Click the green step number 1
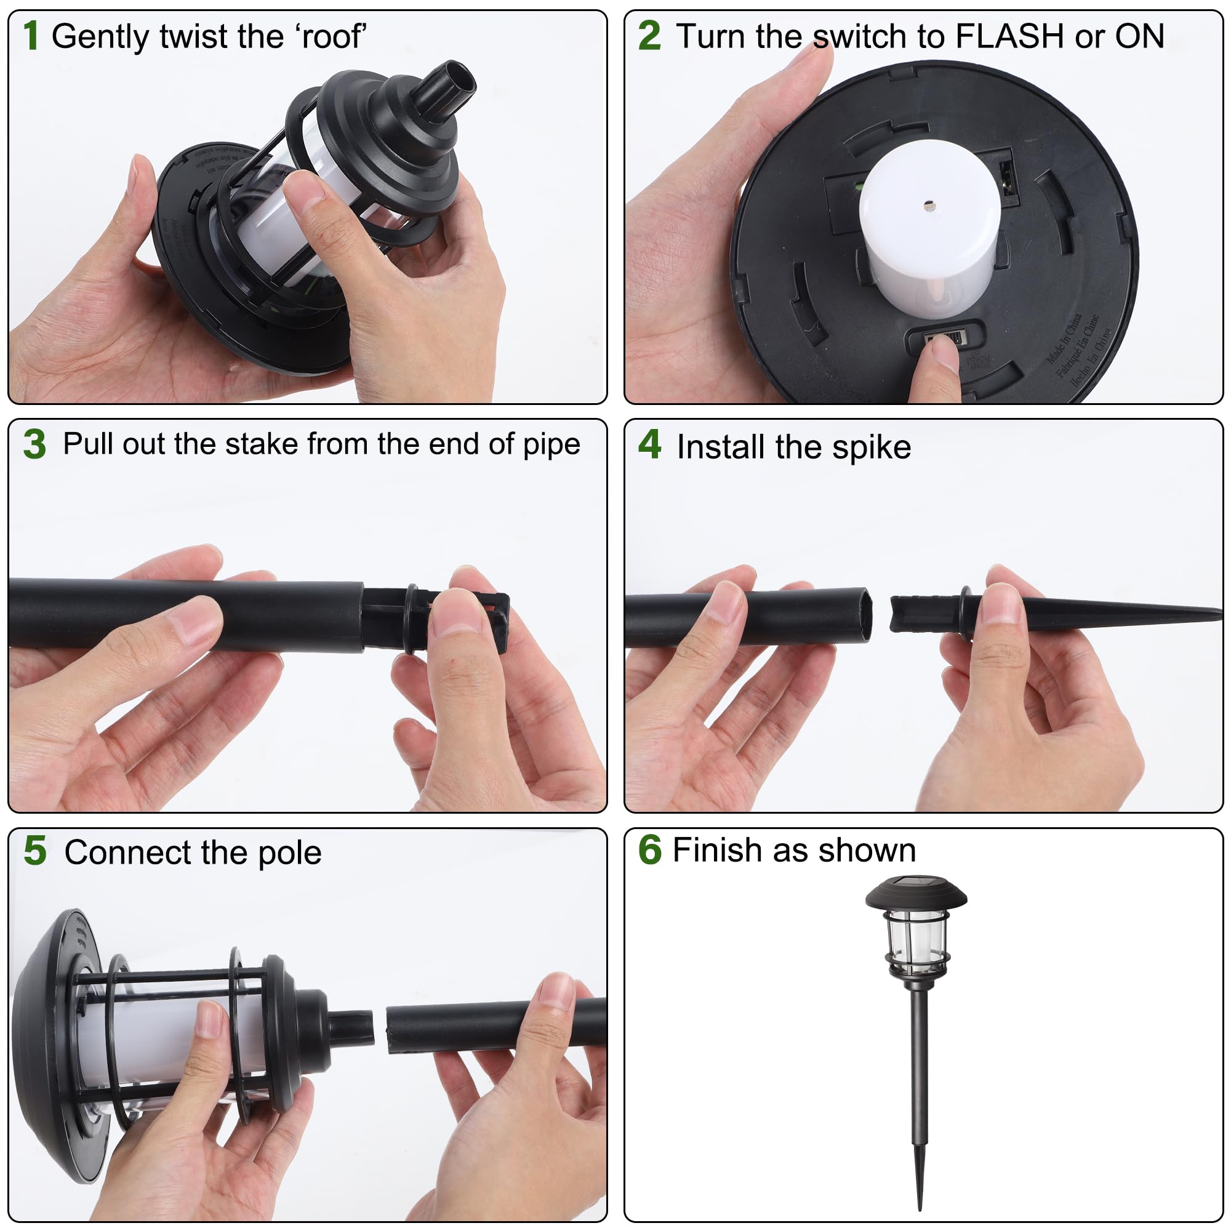pyautogui.click(x=31, y=36)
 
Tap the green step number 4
pyautogui.click(x=649, y=444)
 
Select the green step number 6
pyautogui.click(x=649, y=850)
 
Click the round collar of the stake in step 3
pyautogui.click(x=412, y=618)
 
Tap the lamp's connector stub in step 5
pyautogui.click(x=351, y=1027)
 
